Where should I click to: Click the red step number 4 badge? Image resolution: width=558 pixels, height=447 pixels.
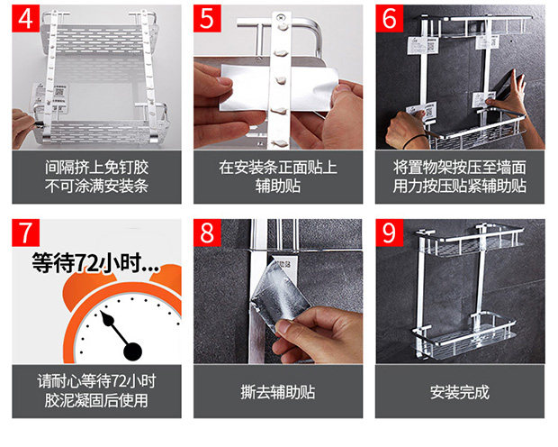click(x=25, y=19)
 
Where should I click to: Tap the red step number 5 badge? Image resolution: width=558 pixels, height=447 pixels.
click(x=207, y=19)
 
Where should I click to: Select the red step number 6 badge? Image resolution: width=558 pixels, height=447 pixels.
click(x=389, y=19)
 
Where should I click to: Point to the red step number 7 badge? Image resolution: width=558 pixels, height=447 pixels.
click(x=25, y=233)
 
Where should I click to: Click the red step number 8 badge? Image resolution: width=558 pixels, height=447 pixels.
click(x=207, y=233)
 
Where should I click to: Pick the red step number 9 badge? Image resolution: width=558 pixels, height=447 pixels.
click(x=389, y=233)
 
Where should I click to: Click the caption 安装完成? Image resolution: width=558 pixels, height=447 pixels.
click(x=459, y=392)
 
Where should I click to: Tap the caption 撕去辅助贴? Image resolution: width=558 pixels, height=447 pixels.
click(x=278, y=392)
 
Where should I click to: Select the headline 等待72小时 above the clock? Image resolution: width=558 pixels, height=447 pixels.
click(x=94, y=263)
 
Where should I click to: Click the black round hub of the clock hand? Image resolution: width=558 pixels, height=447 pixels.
click(x=132, y=351)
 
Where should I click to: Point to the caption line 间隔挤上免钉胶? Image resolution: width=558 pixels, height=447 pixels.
click(x=96, y=168)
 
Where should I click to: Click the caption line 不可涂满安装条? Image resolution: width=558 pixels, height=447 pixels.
click(x=96, y=186)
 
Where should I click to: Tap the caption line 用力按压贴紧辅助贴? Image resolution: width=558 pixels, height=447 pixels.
click(x=459, y=186)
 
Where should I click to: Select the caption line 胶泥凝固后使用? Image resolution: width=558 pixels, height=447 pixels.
click(x=96, y=400)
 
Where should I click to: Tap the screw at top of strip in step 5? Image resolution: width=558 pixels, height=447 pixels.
click(x=281, y=16)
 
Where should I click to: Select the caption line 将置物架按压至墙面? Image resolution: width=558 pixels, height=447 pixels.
click(x=459, y=168)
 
